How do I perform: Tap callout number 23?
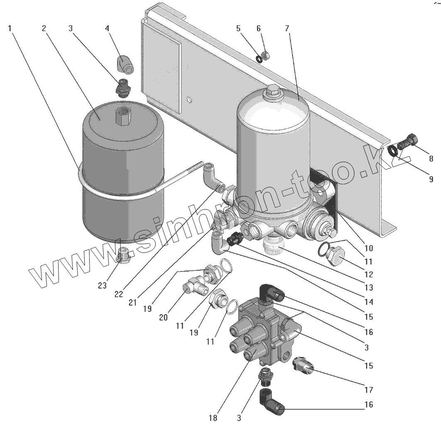(102, 285)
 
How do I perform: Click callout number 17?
(369, 390)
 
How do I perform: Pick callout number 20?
(163, 317)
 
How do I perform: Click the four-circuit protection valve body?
(266, 332)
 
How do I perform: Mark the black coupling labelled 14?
(235, 240)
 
